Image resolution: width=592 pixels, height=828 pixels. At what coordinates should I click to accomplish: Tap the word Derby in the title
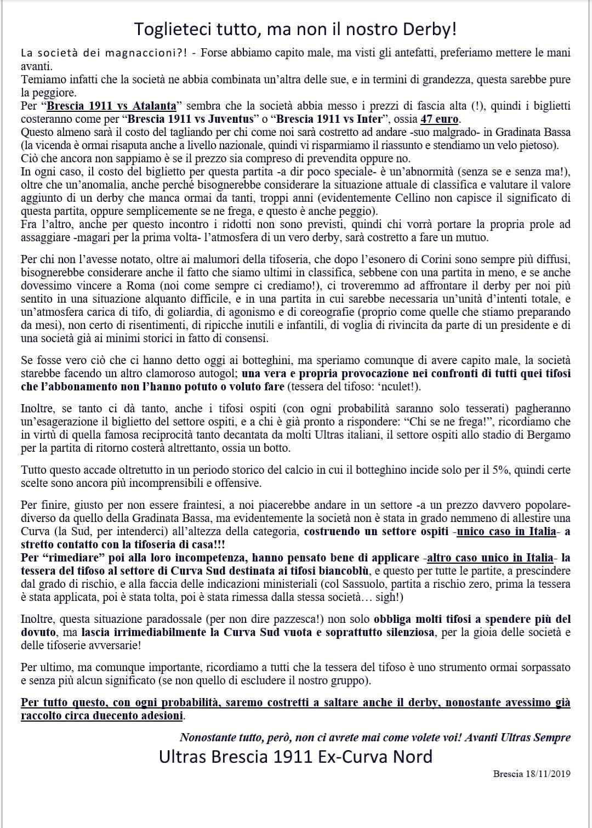click(424, 29)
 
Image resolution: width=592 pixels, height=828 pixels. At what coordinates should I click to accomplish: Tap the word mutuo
click(465, 237)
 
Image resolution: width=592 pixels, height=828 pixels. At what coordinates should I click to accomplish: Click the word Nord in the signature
click(412, 757)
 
